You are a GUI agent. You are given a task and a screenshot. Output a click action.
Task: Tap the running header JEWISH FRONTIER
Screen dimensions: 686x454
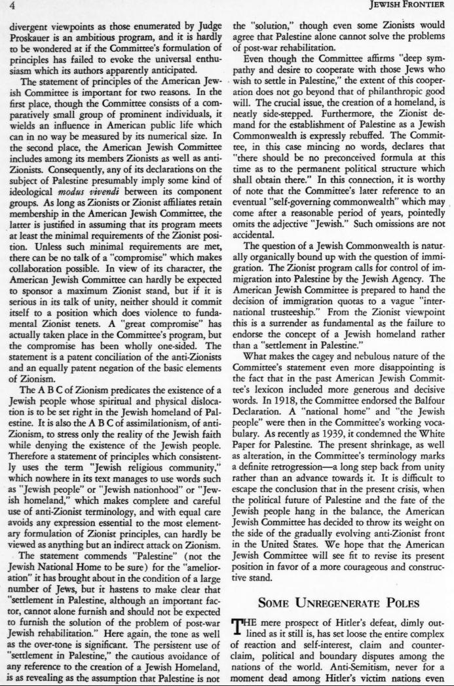[x=411, y=9]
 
